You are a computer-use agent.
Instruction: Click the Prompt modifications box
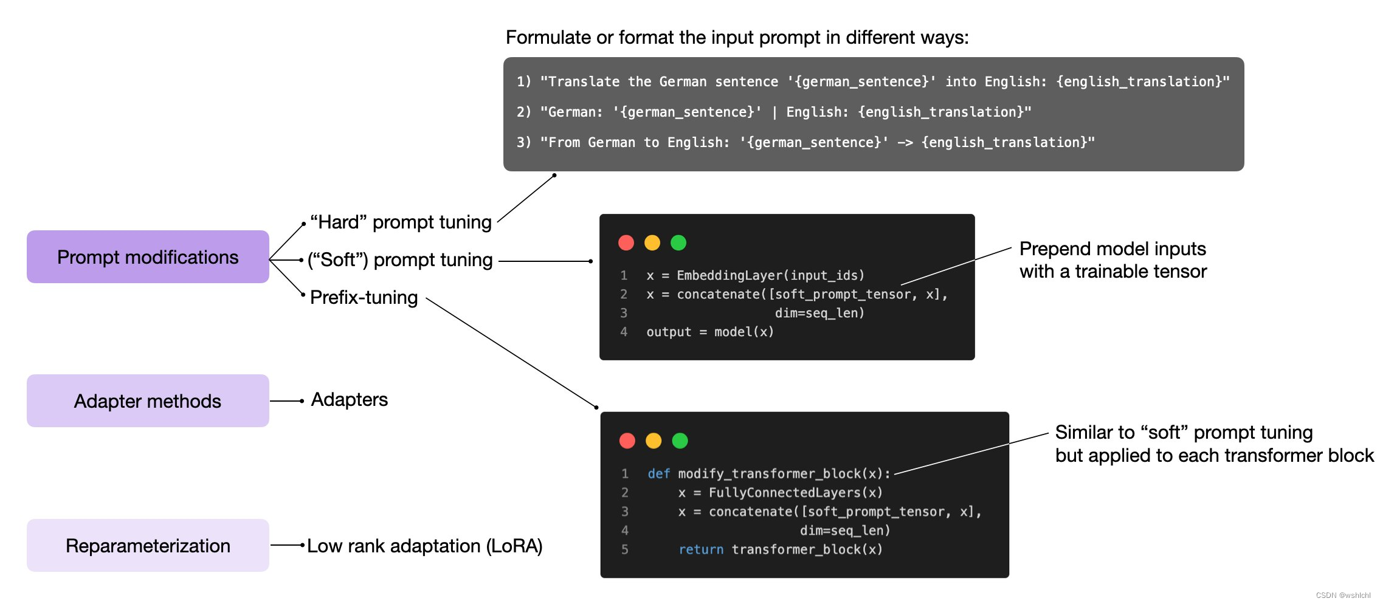[148, 257]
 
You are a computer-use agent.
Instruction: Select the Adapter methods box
[148, 401]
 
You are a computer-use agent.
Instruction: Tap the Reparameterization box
[148, 546]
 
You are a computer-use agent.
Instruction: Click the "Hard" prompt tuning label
[401, 222]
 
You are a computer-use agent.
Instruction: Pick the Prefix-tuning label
[364, 298]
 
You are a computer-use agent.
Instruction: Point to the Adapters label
[349, 400]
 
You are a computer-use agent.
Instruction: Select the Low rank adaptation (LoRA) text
[424, 546]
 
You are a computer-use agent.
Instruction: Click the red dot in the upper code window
[626, 243]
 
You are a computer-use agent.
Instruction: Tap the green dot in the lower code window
[680, 441]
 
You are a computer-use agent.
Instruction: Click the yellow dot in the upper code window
[652, 243]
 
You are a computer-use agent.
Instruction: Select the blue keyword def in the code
[658, 473]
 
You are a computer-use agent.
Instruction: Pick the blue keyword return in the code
[701, 549]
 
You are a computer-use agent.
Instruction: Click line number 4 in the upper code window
[624, 332]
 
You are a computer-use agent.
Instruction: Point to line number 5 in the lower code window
[625, 549]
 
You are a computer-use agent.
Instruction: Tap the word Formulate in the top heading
[548, 38]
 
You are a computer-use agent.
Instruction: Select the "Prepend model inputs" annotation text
[1113, 249]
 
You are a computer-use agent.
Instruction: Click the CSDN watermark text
[1343, 595]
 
